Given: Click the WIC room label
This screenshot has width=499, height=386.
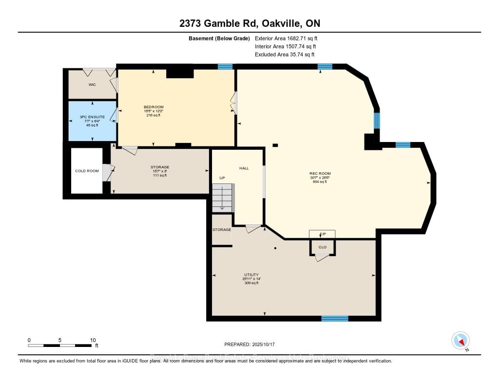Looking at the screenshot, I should click(x=92, y=84).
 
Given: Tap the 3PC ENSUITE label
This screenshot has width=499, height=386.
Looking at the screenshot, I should click(x=92, y=117).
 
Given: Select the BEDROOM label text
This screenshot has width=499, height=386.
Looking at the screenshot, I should click(x=154, y=107).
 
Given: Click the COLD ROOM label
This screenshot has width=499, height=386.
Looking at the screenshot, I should click(x=87, y=171).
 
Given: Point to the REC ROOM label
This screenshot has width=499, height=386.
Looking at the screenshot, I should click(x=320, y=173).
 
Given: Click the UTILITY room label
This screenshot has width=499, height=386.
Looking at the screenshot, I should click(x=251, y=275).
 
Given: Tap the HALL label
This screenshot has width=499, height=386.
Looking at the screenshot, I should click(x=244, y=168).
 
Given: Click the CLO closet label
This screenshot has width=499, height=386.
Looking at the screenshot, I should click(x=323, y=247).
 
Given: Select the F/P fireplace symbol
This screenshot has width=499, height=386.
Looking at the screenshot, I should click(x=322, y=234).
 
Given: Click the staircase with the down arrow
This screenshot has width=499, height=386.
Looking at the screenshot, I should click(x=223, y=198).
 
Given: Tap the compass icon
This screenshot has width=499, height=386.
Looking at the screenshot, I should click(x=461, y=341).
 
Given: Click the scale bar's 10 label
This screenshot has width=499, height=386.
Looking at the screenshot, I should click(x=93, y=340).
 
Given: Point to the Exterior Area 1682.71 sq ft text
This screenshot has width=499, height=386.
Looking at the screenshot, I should click(x=286, y=38).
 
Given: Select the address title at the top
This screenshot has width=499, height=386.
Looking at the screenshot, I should click(x=249, y=23).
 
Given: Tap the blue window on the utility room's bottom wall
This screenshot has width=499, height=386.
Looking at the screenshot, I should click(x=335, y=319).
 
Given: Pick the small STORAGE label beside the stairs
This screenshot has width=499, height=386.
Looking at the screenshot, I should click(x=222, y=229).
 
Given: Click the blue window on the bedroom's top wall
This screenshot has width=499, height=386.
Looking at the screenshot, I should click(x=225, y=66).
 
